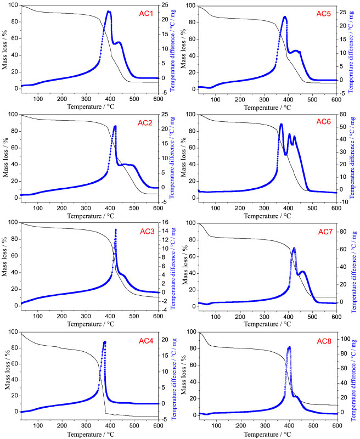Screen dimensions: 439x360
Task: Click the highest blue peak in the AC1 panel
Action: coord(109,12)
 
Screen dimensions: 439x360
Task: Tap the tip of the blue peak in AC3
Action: coord(116,229)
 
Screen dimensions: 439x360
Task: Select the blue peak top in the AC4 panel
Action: coord(104,342)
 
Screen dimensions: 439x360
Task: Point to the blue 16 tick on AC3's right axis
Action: coord(165,222)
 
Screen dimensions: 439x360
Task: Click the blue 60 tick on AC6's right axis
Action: coord(342,115)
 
